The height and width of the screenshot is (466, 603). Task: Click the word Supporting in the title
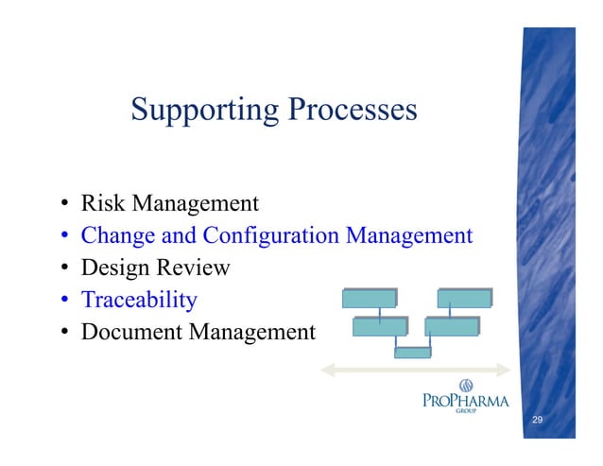(204, 111)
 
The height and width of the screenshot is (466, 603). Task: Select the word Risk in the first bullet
(103, 202)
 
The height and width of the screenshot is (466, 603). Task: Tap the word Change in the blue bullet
(118, 236)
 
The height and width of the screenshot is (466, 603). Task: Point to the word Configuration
(270, 236)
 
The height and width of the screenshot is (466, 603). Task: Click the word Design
(115, 268)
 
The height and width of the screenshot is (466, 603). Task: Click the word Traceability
(139, 301)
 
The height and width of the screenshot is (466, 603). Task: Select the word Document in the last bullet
(131, 332)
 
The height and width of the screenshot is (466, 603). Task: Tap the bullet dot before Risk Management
(64, 202)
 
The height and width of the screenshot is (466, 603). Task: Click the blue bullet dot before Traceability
(64, 299)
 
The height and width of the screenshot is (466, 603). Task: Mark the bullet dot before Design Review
(64, 267)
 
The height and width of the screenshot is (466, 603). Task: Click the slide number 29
(537, 420)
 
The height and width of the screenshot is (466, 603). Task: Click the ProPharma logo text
(466, 401)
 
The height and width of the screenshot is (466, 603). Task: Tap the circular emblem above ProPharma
(466, 386)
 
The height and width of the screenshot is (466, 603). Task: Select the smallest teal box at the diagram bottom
(413, 353)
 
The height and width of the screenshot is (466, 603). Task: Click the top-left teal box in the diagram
(370, 298)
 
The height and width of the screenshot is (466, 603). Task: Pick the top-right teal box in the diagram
(465, 298)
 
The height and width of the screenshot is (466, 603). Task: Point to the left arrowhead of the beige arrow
(327, 370)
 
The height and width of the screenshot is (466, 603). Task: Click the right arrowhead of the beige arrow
(504, 370)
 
